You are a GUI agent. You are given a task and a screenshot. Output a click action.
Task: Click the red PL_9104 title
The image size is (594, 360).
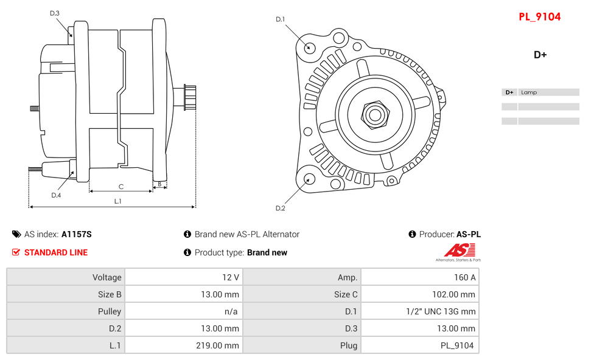[539, 17]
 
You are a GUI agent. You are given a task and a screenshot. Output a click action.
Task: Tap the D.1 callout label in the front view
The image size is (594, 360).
[280, 19]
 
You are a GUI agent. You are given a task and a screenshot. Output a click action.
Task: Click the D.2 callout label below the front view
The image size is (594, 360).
[280, 208]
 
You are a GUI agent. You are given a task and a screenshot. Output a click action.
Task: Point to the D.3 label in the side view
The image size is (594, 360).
[55, 13]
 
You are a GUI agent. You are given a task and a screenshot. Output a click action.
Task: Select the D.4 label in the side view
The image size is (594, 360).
[56, 195]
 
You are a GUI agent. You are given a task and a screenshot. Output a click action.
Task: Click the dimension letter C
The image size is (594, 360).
[121, 187]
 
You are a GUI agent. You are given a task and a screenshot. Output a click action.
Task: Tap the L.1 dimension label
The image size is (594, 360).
[118, 201]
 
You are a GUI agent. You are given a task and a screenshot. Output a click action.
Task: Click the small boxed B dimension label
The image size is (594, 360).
[159, 184]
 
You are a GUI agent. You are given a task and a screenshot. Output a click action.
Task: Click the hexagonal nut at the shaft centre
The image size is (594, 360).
[375, 114]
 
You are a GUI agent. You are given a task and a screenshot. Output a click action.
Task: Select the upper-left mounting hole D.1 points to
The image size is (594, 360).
[309, 47]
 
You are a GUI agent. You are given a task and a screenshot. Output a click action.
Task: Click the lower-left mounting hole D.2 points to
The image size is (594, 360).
[309, 179]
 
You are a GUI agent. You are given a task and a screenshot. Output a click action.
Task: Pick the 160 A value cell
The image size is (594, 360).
[419, 277]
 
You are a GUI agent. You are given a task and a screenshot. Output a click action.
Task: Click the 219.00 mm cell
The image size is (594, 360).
[183, 345]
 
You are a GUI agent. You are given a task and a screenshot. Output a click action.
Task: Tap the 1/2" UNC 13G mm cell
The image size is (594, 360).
[419, 311]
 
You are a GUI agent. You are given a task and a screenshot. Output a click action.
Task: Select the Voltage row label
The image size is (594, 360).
[66, 277]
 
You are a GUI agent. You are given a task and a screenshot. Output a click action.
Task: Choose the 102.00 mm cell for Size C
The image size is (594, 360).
[419, 294]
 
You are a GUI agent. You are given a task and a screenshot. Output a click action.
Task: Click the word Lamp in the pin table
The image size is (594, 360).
[529, 92]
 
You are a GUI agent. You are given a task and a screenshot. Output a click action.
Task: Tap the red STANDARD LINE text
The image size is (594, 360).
[55, 252]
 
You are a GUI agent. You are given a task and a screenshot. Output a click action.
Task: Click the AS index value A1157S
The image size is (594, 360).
[76, 234]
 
